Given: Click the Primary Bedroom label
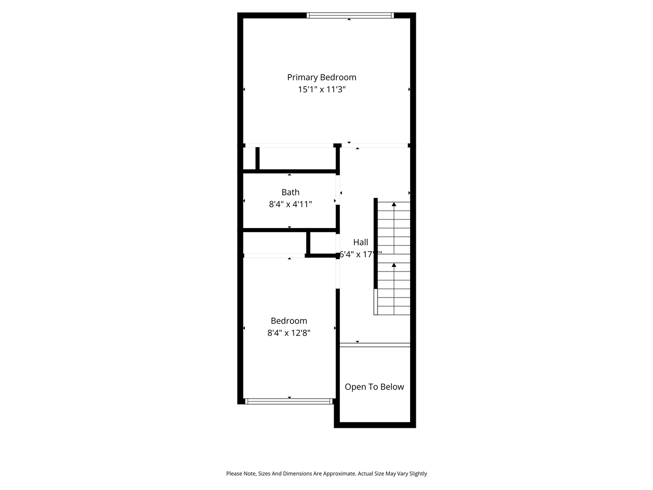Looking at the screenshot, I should point(321,78).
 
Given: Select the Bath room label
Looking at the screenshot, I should point(290,192).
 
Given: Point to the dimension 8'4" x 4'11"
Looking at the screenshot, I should point(290,204).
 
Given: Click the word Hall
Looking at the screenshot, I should point(360,242).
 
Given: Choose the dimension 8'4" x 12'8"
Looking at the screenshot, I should point(289,333).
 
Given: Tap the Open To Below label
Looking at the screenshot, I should point(374,387).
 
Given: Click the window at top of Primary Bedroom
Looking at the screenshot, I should point(350,15).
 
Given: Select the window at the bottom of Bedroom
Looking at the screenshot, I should point(289,402).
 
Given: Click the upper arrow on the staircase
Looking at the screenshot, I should point(394,205).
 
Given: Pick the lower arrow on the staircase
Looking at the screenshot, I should point(394,265).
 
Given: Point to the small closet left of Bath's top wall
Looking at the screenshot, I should point(249,159).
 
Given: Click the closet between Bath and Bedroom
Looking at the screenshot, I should point(274,242).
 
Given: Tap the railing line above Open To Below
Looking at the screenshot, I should point(375,346).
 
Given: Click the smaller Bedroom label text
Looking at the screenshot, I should point(289,321).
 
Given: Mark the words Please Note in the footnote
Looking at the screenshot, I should point(241,474).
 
